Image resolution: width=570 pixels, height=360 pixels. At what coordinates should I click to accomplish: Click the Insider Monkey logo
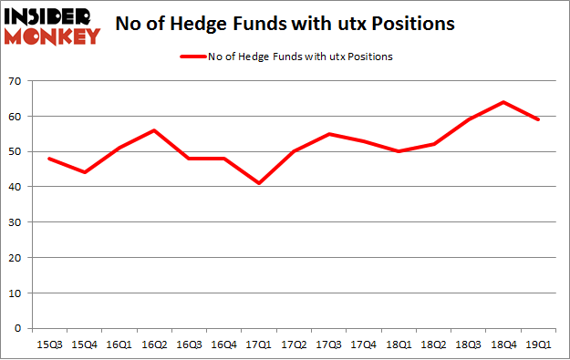tap(52, 26)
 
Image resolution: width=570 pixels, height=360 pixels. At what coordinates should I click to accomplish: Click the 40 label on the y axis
tap(17, 188)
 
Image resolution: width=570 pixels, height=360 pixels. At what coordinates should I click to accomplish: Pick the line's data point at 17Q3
tap(328, 134)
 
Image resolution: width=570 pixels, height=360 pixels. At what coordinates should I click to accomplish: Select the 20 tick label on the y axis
tap(17, 258)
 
